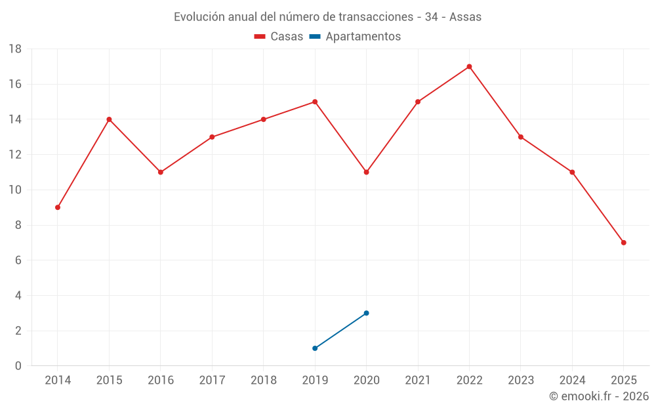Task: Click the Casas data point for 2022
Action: click(469, 66)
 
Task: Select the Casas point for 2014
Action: click(58, 207)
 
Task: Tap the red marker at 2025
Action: click(623, 243)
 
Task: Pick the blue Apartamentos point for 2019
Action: click(315, 348)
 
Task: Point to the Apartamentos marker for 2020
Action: click(366, 313)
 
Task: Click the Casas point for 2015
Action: click(109, 119)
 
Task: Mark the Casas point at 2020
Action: click(366, 172)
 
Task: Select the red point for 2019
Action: click(315, 102)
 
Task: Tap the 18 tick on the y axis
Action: click(14, 49)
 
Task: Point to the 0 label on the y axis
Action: click(18, 366)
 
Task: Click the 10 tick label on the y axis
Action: click(14, 190)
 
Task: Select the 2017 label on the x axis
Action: click(212, 380)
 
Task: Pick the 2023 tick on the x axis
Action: click(520, 380)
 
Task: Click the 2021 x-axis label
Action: click(417, 380)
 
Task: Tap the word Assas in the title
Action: click(465, 17)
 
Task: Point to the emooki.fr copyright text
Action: click(599, 396)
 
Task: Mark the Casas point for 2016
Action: click(161, 172)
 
